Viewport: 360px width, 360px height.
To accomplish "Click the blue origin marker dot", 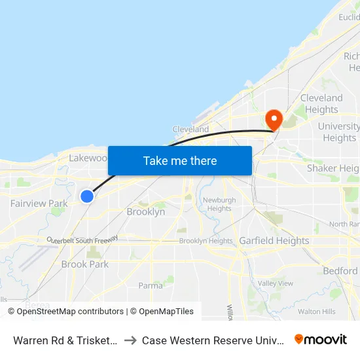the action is pyautogui.click(x=86, y=196).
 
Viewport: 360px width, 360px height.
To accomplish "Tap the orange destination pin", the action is pyautogui.click(x=273, y=119).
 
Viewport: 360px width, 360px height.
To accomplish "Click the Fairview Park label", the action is pyautogui.click(x=39, y=204).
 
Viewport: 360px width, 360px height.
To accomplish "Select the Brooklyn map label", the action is pyautogui.click(x=145, y=212).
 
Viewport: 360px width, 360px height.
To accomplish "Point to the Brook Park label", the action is pyautogui.click(x=84, y=264).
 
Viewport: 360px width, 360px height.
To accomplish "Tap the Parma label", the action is pyautogui.click(x=150, y=285).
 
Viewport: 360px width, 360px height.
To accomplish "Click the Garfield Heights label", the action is pyautogui.click(x=274, y=241).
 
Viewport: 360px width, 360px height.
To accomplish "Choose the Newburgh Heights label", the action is pyautogui.click(x=219, y=204).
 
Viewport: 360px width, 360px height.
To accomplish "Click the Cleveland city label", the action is pyautogui.click(x=190, y=130).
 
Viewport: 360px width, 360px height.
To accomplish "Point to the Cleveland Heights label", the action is pyautogui.click(x=321, y=104).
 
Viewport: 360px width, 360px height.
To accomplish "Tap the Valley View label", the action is pyautogui.click(x=276, y=283).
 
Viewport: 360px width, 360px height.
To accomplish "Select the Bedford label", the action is pyautogui.click(x=340, y=271).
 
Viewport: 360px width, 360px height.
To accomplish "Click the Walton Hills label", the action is pyautogui.click(x=317, y=312).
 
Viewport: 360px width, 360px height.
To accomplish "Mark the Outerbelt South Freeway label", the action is pyautogui.click(x=82, y=240).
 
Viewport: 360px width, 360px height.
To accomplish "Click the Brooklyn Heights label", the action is pyautogui.click(x=206, y=241).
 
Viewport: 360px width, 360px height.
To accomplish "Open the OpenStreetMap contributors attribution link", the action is pyautogui.click(x=70, y=312).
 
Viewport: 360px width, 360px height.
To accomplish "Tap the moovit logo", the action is pyautogui.click(x=321, y=339).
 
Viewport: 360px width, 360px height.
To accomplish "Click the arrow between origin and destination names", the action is pyautogui.click(x=130, y=340).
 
